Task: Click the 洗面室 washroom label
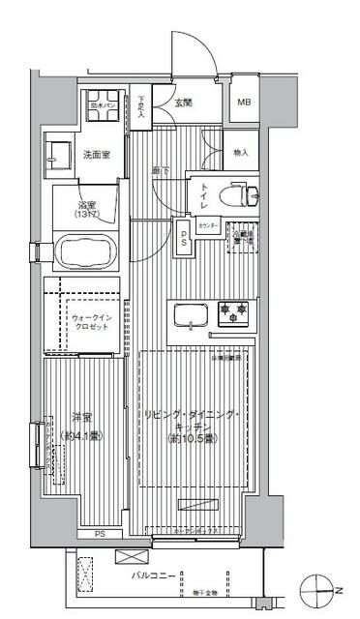pyautogui.click(x=96, y=154)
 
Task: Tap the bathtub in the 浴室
pyautogui.click(x=86, y=254)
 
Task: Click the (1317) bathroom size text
pyautogui.click(x=87, y=215)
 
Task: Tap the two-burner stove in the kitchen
pyautogui.click(x=233, y=313)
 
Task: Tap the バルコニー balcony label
pyautogui.click(x=154, y=575)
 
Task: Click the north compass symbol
pyautogui.click(x=324, y=586)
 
